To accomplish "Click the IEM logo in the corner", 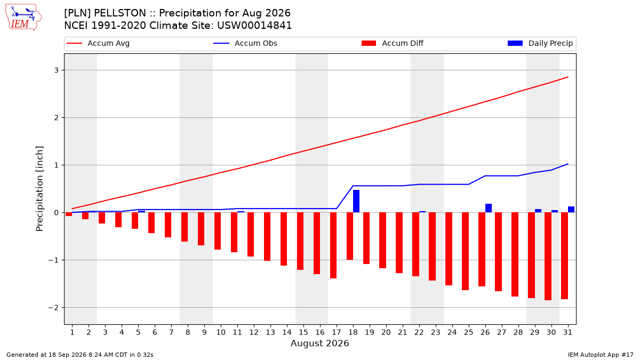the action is [23, 18].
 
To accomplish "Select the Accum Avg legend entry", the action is [98, 43].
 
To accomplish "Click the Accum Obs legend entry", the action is [245, 43].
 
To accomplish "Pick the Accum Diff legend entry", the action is [393, 43].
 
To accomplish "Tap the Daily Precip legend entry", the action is [540, 43].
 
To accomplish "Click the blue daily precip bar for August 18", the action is [356, 201].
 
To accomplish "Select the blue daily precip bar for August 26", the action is [489, 208].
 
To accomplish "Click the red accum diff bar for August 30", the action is [548, 257].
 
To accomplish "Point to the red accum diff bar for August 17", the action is [333, 245].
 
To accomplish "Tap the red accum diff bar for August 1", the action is [69, 214].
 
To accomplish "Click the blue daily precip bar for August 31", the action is [571, 210].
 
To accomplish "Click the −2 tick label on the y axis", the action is [53, 308].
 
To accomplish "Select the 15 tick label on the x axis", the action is [303, 332].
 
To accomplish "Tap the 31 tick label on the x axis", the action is [567, 332].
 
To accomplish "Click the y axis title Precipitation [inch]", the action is [39, 189].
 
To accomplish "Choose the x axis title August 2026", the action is [320, 343].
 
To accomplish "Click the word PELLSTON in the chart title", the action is [120, 13].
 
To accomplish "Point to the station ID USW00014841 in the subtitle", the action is [254, 26].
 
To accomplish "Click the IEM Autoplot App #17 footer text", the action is [601, 355].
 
